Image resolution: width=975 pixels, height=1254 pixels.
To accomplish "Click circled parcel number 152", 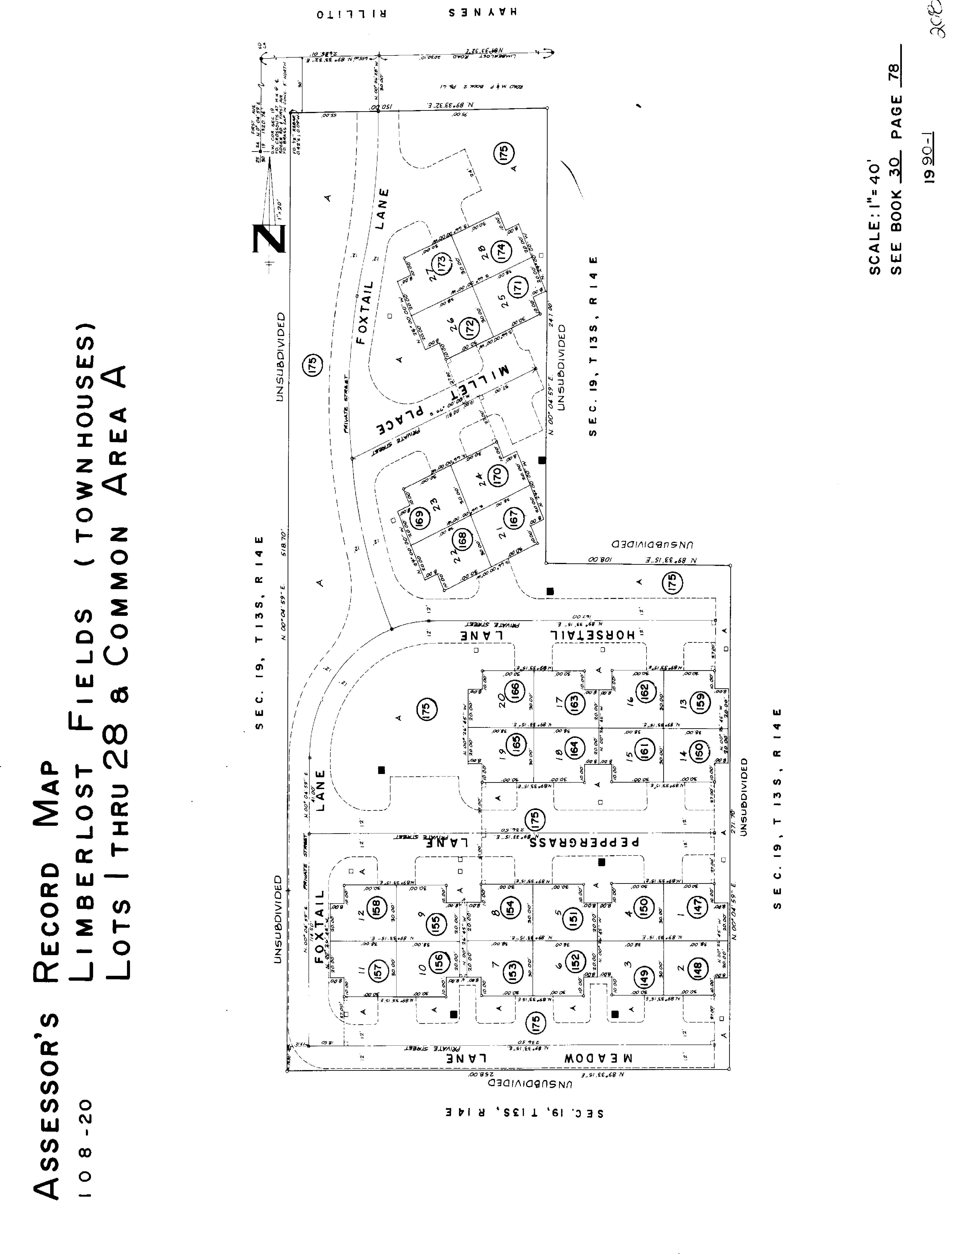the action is coord(575,960).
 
